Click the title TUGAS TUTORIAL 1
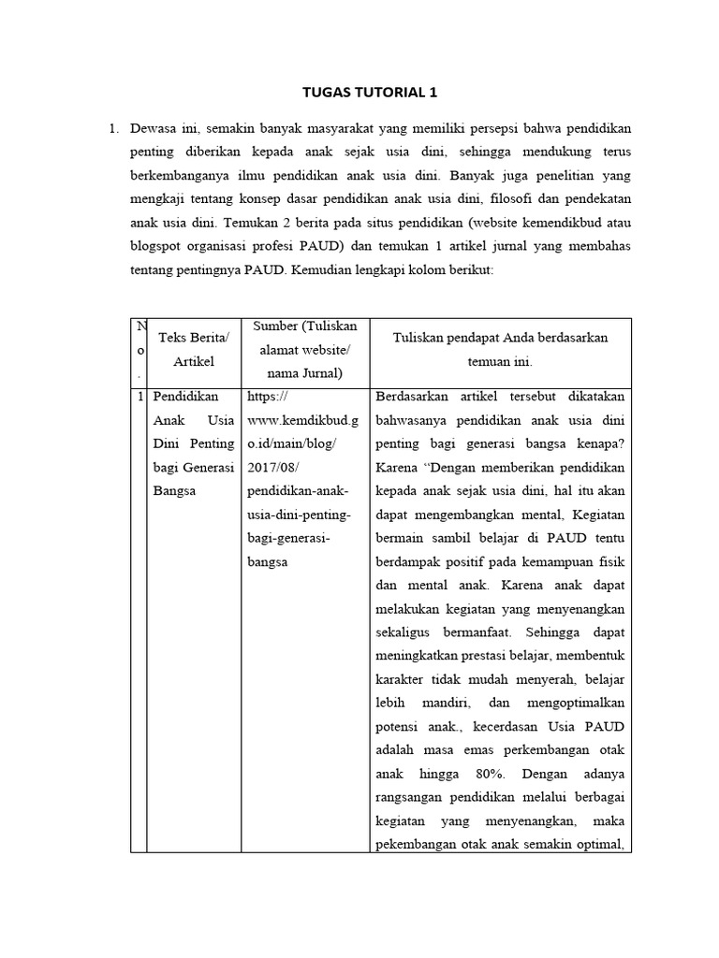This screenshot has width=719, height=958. point(370,93)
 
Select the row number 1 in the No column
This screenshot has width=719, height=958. point(139,396)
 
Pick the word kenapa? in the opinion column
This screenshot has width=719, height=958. point(605,443)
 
